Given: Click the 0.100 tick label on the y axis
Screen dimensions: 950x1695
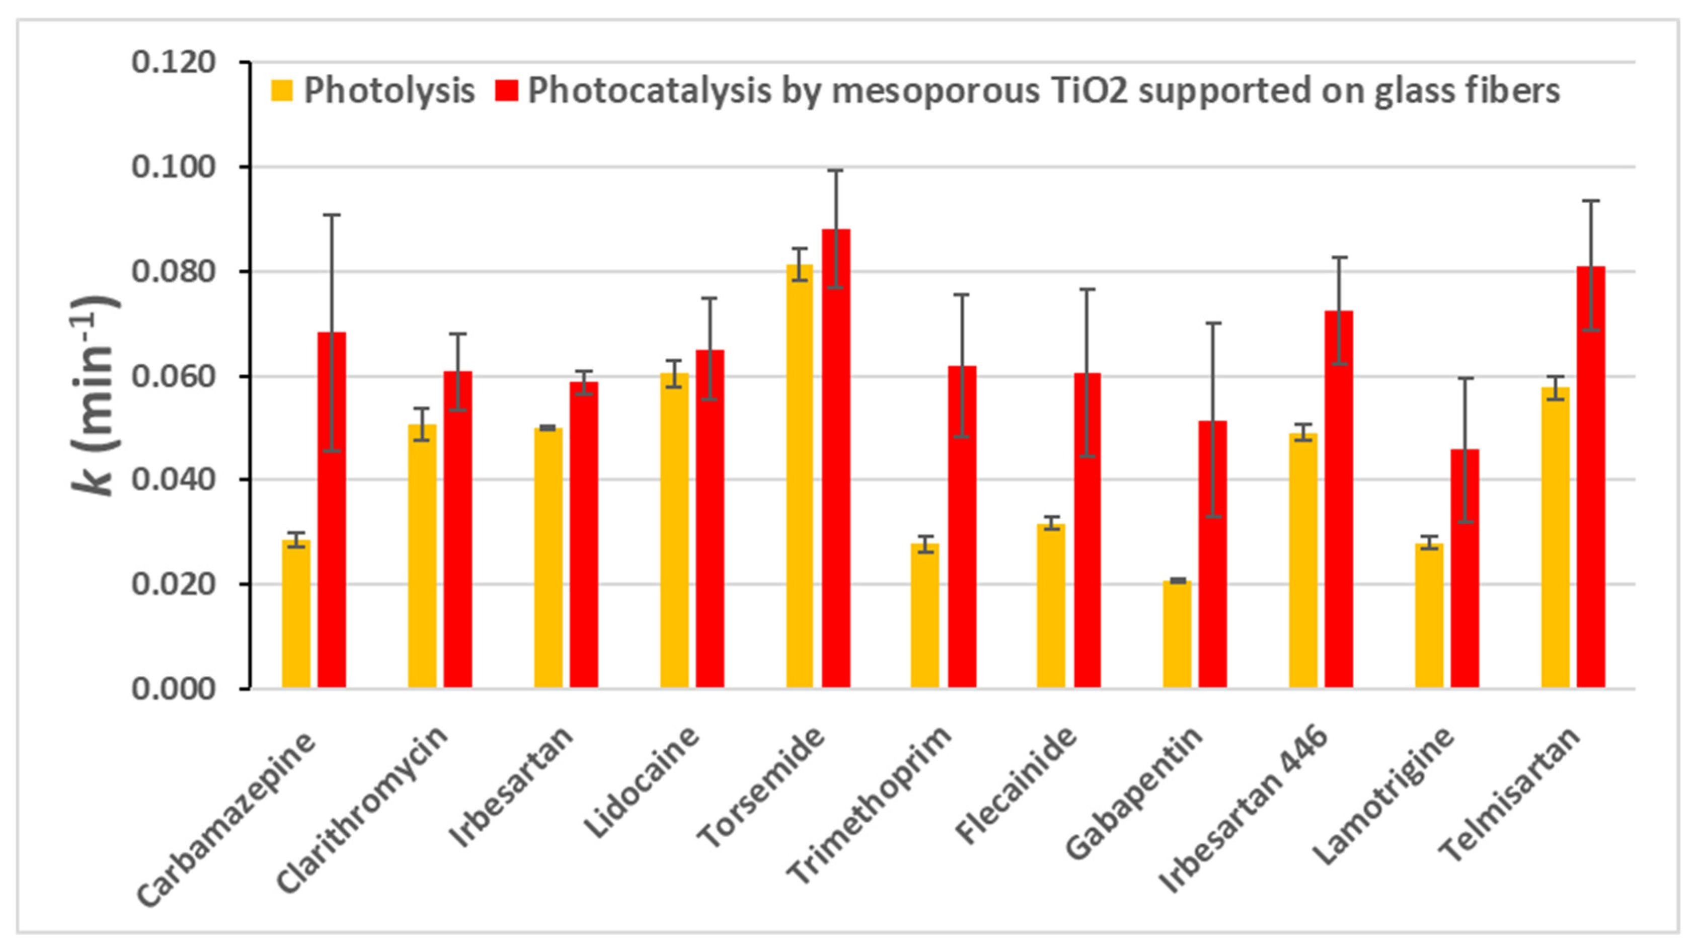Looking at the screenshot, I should [x=174, y=167].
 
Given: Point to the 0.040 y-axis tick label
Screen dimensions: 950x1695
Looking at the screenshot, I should [x=174, y=480].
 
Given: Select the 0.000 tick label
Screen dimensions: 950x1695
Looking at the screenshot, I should [x=174, y=689].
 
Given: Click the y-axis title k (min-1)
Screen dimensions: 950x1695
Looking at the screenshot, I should [x=96, y=394].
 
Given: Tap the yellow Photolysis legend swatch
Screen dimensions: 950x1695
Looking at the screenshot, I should [x=282, y=91].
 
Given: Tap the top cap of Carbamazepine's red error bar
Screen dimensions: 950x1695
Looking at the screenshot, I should [x=332, y=214].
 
